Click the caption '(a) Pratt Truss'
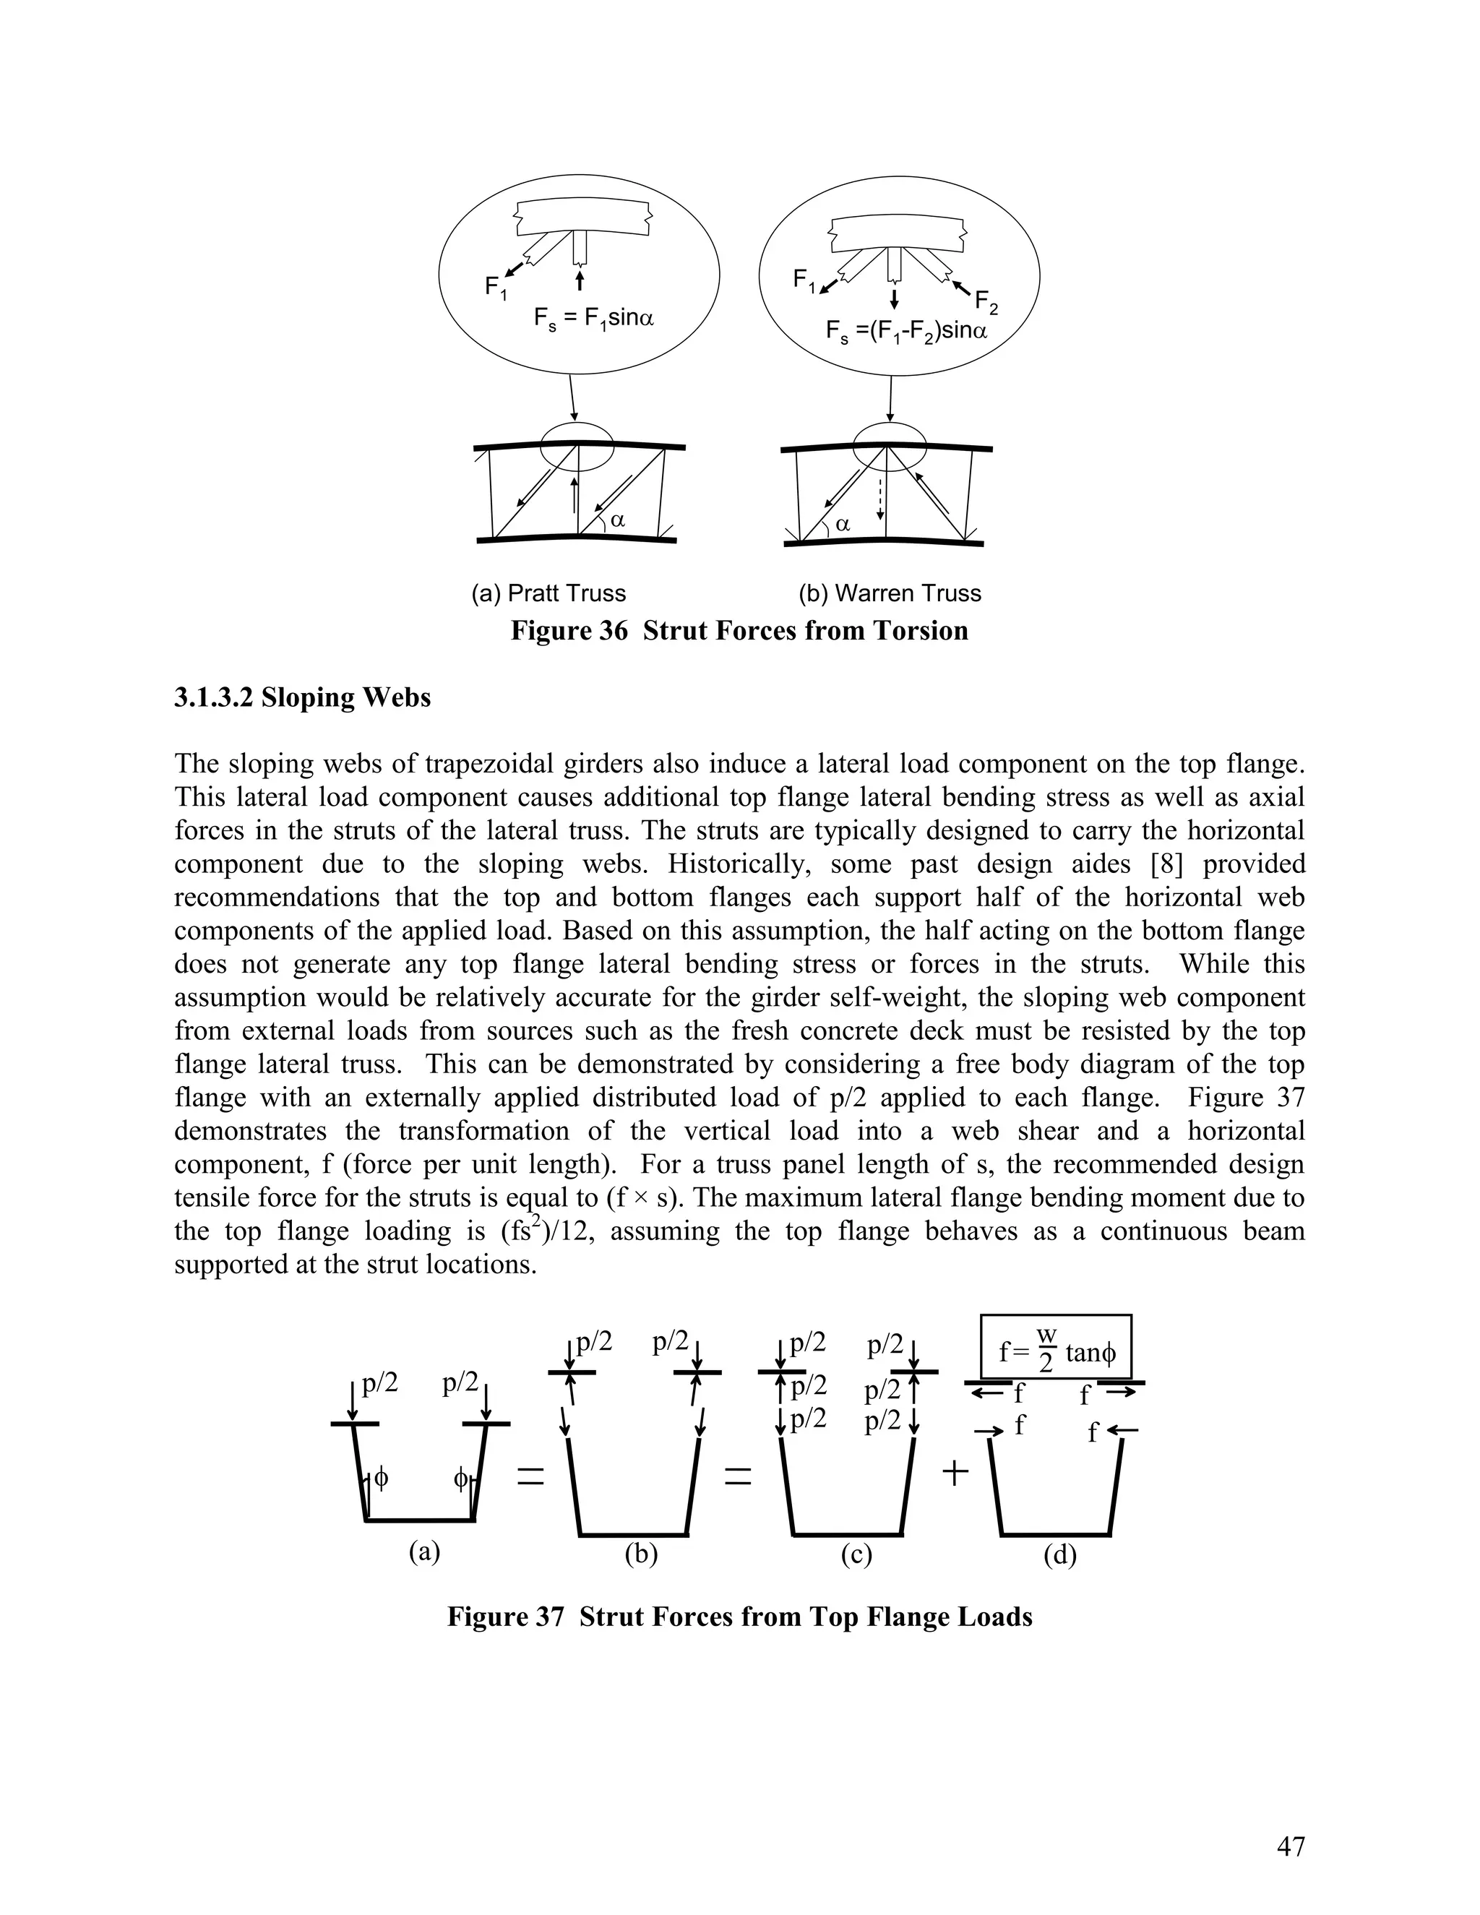[549, 593]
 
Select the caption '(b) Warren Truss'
[889, 593]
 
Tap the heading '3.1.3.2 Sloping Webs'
[303, 697]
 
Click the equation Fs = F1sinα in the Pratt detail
[593, 317]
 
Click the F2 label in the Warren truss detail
[986, 304]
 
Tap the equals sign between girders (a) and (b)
[530, 1478]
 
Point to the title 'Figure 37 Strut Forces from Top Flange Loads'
[739, 1616]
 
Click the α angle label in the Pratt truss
[617, 520]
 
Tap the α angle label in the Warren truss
[843, 525]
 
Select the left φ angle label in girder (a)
[381, 1478]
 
